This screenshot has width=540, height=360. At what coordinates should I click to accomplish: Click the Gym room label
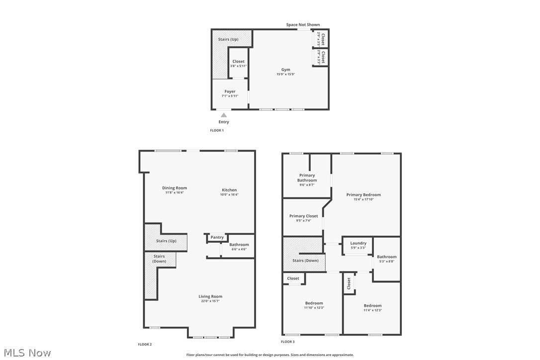[x=285, y=70]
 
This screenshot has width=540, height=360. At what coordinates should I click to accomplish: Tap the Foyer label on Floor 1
[x=230, y=91]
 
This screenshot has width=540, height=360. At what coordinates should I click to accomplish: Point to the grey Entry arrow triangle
[x=224, y=115]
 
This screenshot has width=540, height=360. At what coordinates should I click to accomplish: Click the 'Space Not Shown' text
[x=303, y=24]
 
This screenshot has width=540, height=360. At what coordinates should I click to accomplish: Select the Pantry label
[x=217, y=237]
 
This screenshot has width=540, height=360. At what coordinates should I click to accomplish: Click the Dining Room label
[x=175, y=188]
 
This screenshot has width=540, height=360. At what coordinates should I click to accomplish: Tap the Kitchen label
[x=229, y=190]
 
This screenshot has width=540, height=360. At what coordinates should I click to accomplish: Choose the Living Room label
[x=210, y=296]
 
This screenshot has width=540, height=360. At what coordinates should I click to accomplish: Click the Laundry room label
[x=358, y=243]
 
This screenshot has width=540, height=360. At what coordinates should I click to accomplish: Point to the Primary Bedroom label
[x=363, y=195]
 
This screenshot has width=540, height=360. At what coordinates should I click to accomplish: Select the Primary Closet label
[x=303, y=216]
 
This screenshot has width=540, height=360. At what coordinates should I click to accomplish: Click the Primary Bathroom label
[x=307, y=178]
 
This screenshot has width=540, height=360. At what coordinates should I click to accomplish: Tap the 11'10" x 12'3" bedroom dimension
[x=314, y=308]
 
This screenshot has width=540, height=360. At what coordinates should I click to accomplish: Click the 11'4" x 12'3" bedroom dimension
[x=372, y=310]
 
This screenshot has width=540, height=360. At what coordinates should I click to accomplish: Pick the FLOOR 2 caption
[x=145, y=344]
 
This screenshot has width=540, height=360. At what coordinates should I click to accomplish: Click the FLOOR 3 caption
[x=287, y=342]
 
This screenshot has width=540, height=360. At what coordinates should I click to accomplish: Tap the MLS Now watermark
[x=26, y=353]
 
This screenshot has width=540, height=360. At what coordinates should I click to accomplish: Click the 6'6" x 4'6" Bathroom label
[x=239, y=247]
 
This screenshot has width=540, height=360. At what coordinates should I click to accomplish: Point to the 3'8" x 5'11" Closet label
[x=238, y=64]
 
